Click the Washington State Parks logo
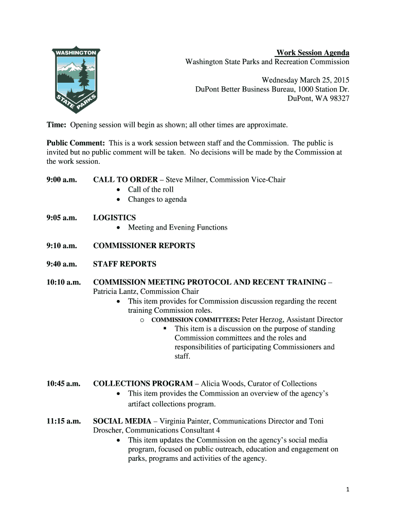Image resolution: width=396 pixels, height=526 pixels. click(x=77, y=80)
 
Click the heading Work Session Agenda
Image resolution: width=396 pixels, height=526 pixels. click(x=313, y=53)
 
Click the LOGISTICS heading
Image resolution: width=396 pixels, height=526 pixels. click(x=114, y=218)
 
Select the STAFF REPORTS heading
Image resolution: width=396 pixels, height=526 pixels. click(x=124, y=264)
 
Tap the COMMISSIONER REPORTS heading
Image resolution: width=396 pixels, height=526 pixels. click(x=144, y=246)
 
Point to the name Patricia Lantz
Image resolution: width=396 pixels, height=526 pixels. click(x=115, y=292)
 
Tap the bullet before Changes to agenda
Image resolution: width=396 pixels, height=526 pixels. click(x=119, y=200)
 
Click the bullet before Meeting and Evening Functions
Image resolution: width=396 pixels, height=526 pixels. click(x=119, y=228)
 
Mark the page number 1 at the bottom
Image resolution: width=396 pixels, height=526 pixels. click(x=348, y=490)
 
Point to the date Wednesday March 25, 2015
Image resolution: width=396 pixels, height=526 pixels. click(x=305, y=80)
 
